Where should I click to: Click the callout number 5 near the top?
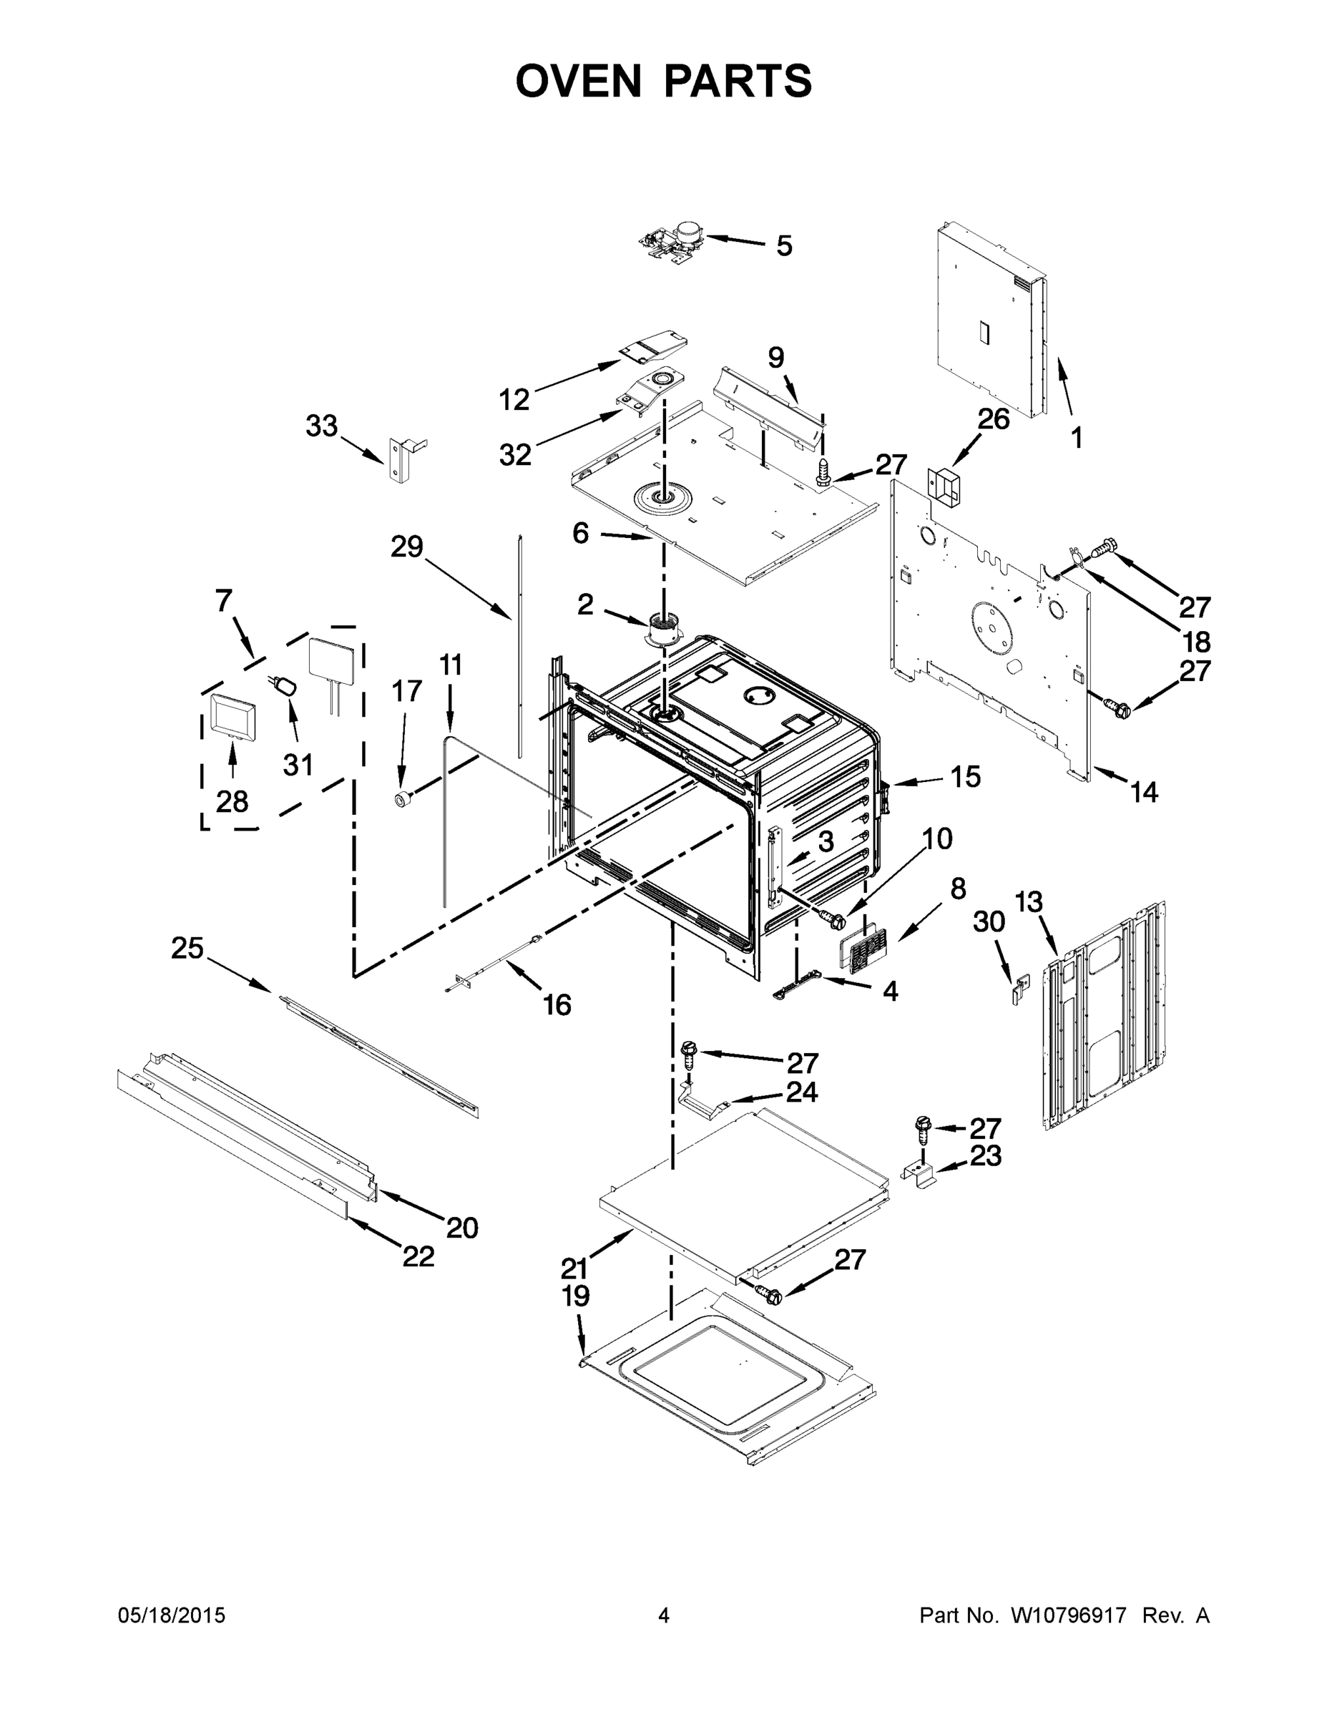click(x=784, y=246)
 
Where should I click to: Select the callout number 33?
click(x=321, y=426)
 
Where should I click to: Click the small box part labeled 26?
click(x=946, y=486)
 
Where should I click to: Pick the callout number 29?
click(x=406, y=547)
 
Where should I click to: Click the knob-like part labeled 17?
click(x=404, y=800)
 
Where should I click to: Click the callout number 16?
click(x=557, y=1004)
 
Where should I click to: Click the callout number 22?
click(x=418, y=1256)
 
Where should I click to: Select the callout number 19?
click(x=575, y=1296)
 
